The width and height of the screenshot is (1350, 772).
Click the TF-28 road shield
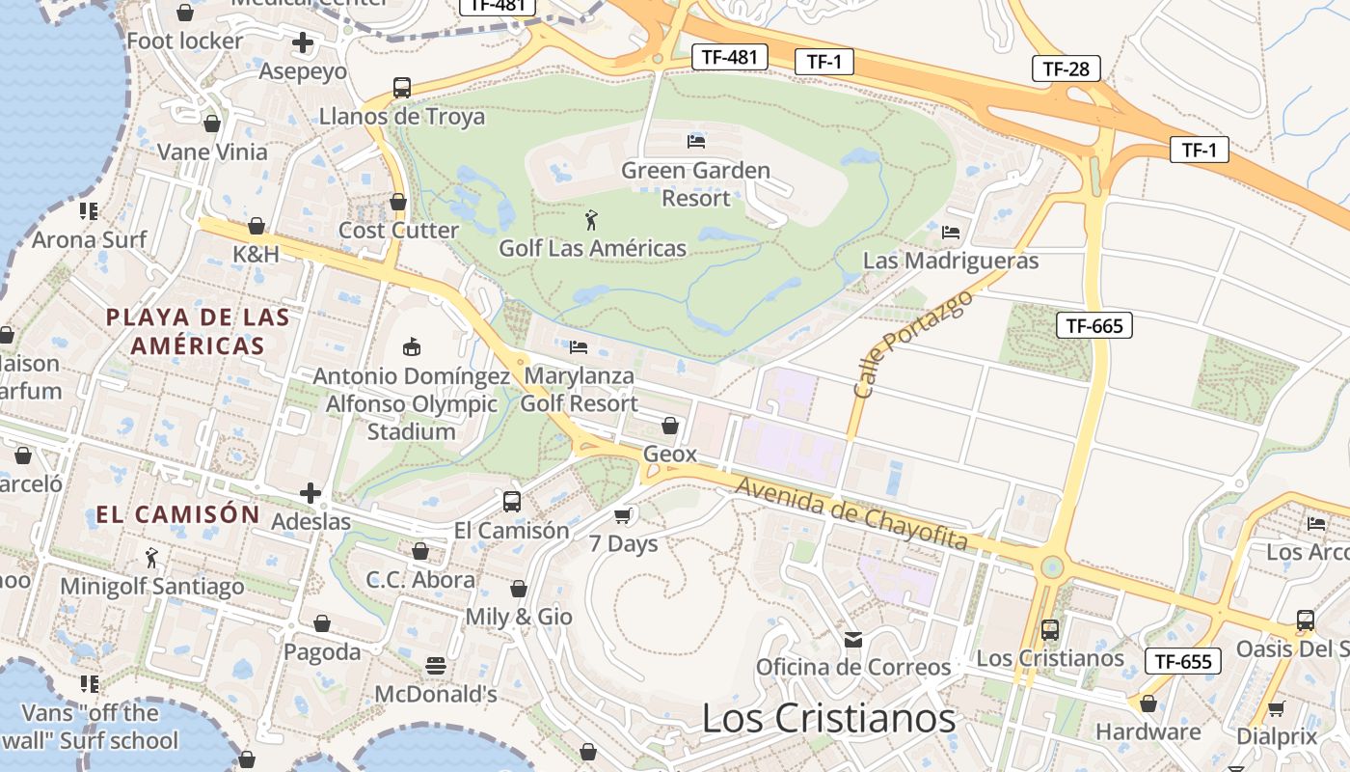pos(1066,69)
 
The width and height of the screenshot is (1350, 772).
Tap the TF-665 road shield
pos(1094,325)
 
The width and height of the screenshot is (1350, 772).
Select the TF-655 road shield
pos(1183,662)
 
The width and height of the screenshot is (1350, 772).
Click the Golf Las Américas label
pos(592,248)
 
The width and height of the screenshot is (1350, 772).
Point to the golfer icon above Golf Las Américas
pos(591,220)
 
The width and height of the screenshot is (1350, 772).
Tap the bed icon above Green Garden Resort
pos(695,142)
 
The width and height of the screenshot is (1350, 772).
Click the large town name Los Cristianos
pos(828,718)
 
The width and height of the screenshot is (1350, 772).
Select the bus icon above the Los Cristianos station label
pos(1049,630)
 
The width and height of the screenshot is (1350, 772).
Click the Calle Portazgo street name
pos(912,345)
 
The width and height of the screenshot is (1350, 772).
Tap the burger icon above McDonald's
pos(436,666)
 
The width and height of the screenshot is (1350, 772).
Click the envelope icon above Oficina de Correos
pos(852,639)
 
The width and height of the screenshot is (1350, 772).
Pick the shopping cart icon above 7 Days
pos(623,516)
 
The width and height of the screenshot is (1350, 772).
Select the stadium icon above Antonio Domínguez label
pos(412,346)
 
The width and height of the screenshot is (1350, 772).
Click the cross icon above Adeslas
pos(310,494)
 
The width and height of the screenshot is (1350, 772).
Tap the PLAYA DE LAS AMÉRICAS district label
pos(198,331)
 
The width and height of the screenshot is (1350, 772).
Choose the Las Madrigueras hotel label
pos(950,261)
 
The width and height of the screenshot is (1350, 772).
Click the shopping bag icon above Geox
pos(669,426)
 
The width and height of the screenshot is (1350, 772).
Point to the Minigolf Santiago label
pos(152,586)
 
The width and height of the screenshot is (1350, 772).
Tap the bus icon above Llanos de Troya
pos(402,88)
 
